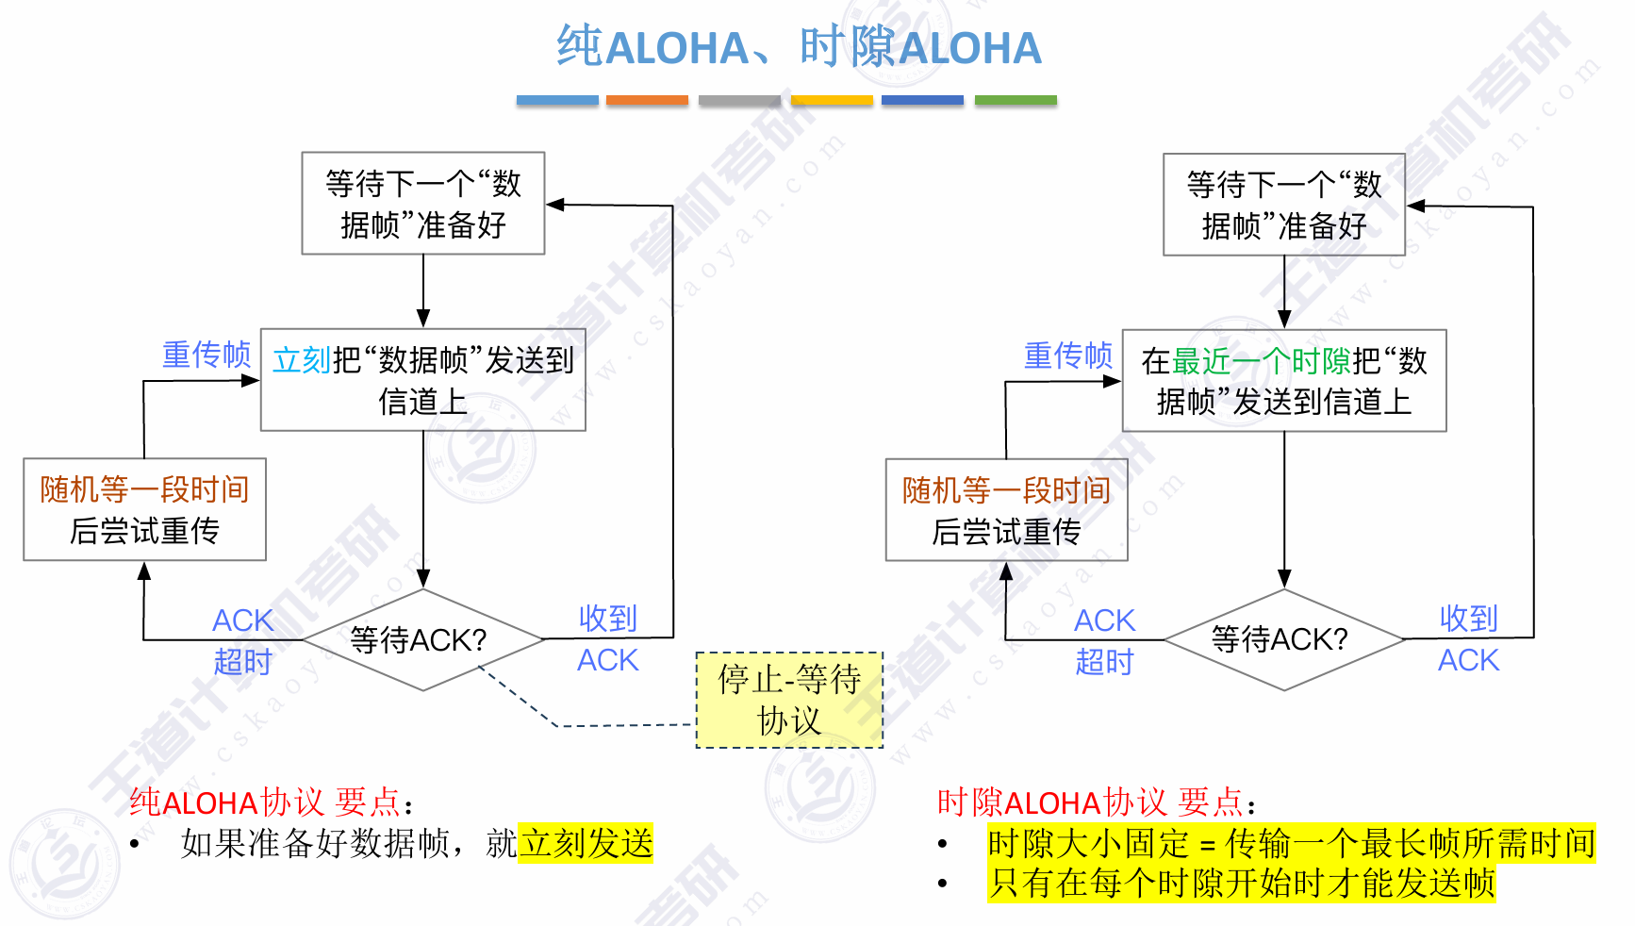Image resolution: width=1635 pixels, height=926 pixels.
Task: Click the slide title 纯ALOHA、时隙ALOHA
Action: coord(799,47)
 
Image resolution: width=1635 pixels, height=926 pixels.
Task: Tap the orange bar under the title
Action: coord(647,100)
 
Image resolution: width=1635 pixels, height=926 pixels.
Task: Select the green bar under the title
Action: coord(1016,100)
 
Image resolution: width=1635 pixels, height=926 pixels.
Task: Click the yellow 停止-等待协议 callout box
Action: coord(789,700)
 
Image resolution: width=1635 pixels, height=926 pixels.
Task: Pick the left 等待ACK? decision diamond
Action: coord(422,640)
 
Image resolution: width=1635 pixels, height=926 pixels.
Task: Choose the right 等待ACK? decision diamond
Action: coord(1283,640)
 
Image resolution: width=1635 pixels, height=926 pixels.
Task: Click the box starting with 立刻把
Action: coord(422,380)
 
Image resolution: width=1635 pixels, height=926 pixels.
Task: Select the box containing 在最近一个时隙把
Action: coord(1283,381)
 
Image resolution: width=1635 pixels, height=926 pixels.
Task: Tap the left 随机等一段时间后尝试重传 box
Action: coord(144,510)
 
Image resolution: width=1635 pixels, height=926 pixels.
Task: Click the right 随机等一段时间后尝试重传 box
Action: coord(1006,510)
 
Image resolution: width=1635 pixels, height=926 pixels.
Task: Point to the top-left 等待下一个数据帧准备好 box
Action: coord(422,204)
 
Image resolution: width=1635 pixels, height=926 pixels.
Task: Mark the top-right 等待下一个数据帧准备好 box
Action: coord(1283,205)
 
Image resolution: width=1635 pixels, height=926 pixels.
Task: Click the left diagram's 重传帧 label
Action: coord(206,355)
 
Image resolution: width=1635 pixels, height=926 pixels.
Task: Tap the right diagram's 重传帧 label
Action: coord(1068,356)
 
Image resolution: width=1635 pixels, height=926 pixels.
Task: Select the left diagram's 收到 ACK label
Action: coord(608,639)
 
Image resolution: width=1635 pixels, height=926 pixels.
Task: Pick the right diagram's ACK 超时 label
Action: coord(1104,641)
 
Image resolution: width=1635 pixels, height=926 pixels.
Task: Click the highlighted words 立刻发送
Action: coord(586,843)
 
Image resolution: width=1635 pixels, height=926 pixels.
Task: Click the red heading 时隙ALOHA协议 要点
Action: coord(1095,802)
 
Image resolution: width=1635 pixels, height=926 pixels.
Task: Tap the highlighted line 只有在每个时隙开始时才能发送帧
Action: coord(1241,884)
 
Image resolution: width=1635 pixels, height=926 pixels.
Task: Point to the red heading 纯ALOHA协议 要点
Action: coord(270,802)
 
